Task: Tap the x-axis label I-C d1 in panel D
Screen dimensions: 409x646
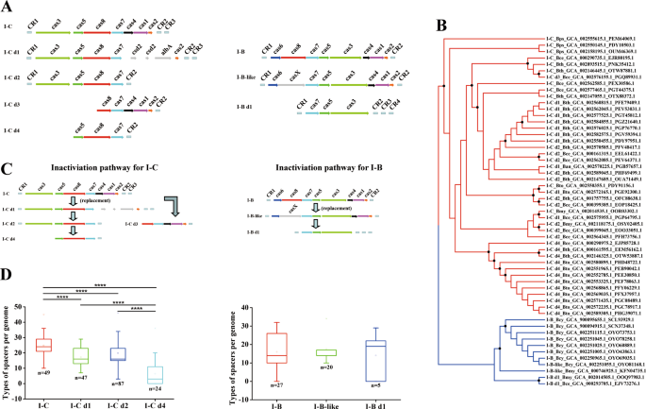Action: click(x=80, y=401)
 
